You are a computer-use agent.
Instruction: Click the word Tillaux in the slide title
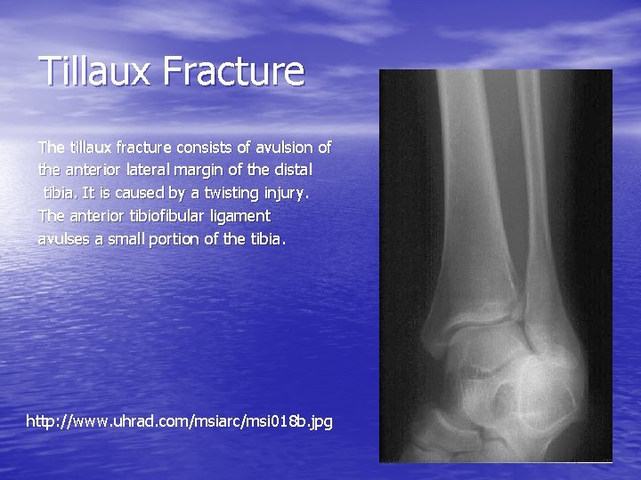coord(93,71)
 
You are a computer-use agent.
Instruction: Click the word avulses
coord(62,238)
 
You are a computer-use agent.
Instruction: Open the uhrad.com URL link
coord(179,420)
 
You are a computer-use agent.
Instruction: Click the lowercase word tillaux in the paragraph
coord(88,146)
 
